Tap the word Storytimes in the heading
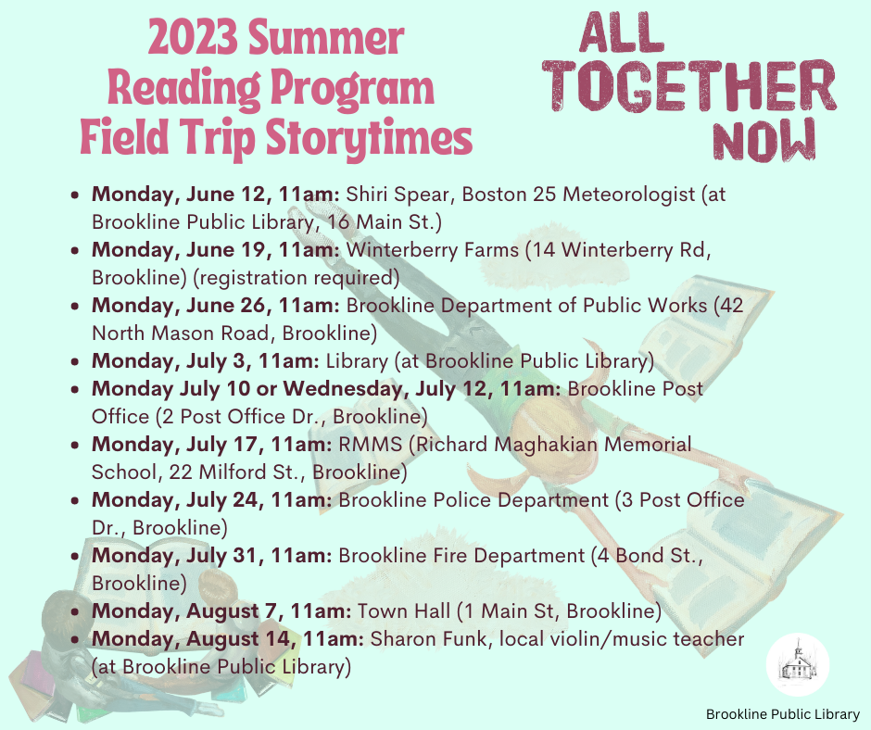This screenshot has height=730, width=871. [x=369, y=138]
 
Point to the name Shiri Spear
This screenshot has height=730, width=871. [x=398, y=195]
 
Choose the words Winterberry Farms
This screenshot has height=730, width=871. [x=432, y=250]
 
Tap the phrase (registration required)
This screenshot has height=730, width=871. [x=297, y=278]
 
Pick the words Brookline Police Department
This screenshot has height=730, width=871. [x=473, y=500]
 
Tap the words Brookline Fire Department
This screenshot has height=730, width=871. [x=461, y=556]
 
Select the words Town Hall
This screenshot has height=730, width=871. [x=404, y=611]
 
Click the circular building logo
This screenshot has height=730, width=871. [x=798, y=664]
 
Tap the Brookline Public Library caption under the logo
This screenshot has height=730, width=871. [x=783, y=714]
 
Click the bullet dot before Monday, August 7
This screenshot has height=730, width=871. [x=75, y=612]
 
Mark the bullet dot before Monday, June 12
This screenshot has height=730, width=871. [x=75, y=195]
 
